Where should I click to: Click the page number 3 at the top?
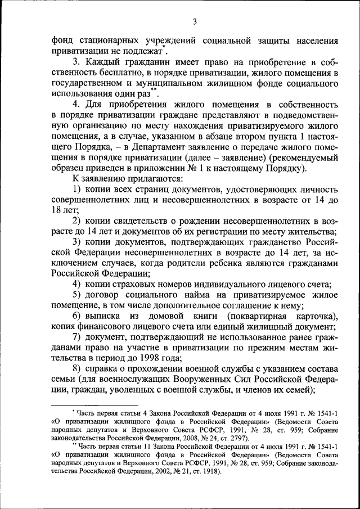click(x=194, y=22)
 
